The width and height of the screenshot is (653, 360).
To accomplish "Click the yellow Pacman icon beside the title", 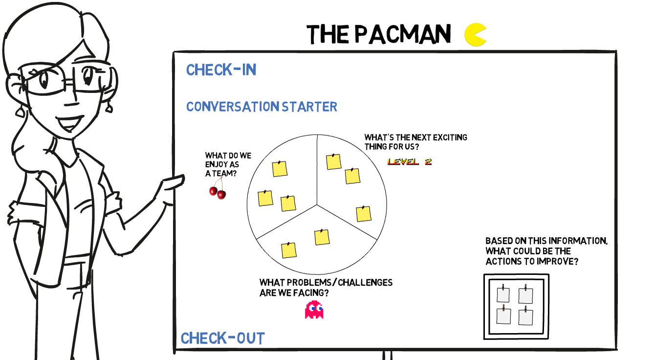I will tap(475, 35).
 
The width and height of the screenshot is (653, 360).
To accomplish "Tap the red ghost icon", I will tap(314, 310).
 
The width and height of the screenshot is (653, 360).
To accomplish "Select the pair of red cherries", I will tap(218, 192).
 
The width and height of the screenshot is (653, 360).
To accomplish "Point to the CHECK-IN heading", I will tap(221, 70).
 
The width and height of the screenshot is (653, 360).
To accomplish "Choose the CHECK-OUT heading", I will tap(223, 338).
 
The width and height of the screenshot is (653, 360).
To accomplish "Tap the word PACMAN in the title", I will tap(402, 34).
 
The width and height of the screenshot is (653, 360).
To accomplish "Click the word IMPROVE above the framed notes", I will tap(558, 261).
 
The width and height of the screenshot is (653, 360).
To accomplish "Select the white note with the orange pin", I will tap(503, 315).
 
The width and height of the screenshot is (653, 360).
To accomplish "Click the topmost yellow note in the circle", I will tap(333, 161).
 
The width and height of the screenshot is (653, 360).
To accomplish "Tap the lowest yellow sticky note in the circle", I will tap(289, 250).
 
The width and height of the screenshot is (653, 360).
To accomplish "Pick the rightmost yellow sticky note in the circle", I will tap(363, 214).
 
